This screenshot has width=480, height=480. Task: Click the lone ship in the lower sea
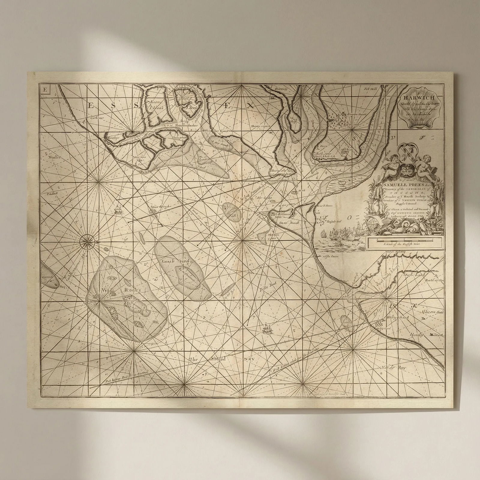[266, 329]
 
